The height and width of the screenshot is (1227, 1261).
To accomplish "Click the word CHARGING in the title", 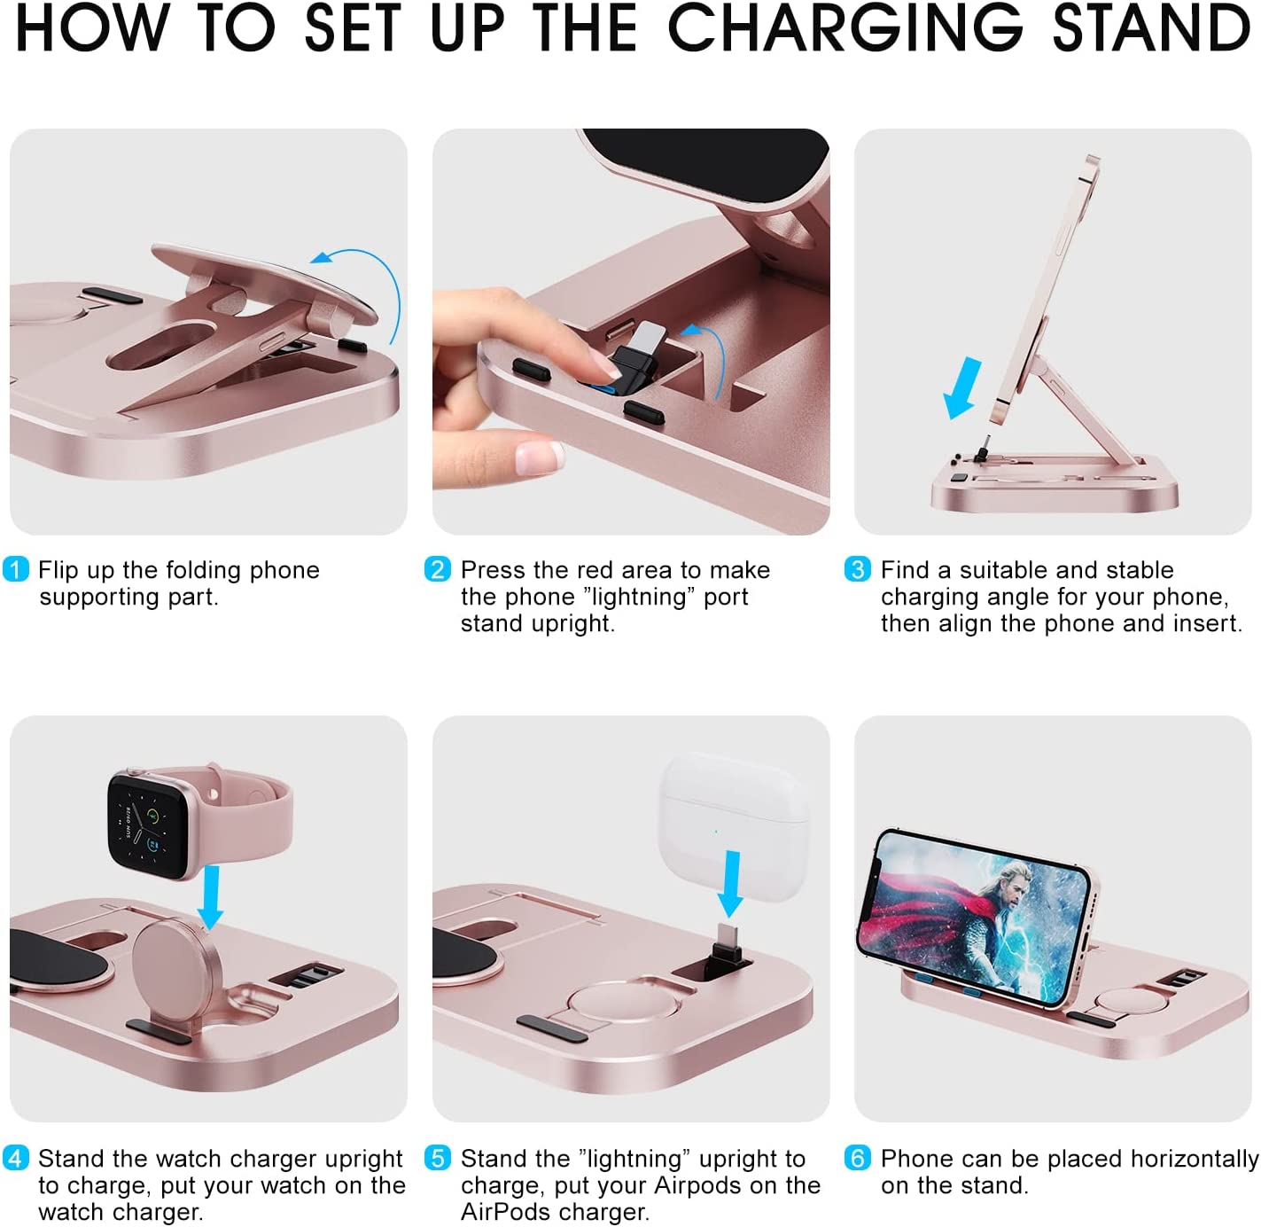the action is point(845,28).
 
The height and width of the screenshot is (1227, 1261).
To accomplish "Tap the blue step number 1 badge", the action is point(16,569).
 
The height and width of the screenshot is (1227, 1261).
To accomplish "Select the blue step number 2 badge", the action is point(438,569).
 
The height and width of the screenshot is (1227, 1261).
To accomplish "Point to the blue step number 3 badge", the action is point(857,569).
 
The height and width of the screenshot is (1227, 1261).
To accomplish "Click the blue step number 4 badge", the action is point(16,1158).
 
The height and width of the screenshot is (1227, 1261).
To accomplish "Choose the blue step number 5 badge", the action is point(438,1158).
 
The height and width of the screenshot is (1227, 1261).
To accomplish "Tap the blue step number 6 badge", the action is point(857,1158).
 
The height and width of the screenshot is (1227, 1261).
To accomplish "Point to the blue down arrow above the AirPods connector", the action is point(732,884).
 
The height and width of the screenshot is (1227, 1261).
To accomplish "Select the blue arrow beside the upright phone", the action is point(963,387).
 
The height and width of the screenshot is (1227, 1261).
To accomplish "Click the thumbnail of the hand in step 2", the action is point(539,457).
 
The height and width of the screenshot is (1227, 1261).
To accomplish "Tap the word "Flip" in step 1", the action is point(59,570).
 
